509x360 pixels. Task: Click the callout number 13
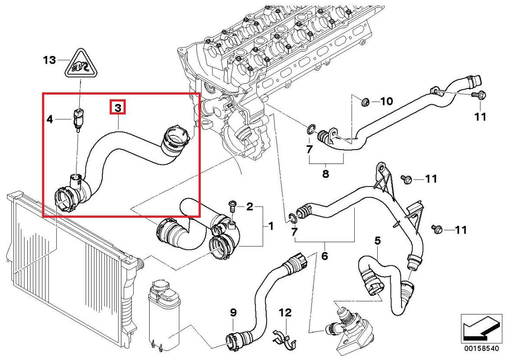[50, 60]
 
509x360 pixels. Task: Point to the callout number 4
[50, 119]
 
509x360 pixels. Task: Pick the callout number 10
[386, 101]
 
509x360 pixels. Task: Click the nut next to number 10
[365, 102]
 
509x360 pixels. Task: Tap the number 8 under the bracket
[326, 174]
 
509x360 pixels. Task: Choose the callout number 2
[250, 206]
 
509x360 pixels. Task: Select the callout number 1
[271, 226]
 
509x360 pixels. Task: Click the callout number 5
[378, 240]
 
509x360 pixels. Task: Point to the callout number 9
[233, 312]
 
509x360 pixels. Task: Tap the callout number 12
[285, 312]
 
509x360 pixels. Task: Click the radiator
[65, 260]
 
